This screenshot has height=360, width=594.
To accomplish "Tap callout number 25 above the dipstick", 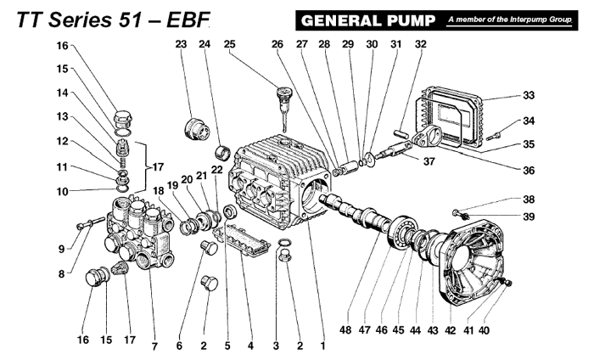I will tap(229, 43).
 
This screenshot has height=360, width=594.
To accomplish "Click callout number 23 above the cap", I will tap(181, 43).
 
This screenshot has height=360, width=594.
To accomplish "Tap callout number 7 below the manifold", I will tap(154, 346).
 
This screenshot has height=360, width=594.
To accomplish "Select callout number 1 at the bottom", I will tap(322, 346).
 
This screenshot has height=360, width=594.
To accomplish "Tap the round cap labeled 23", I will tap(197, 130).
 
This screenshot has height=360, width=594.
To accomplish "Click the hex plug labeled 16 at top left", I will tap(122, 115).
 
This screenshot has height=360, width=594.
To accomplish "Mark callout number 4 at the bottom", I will tap(250, 346).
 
